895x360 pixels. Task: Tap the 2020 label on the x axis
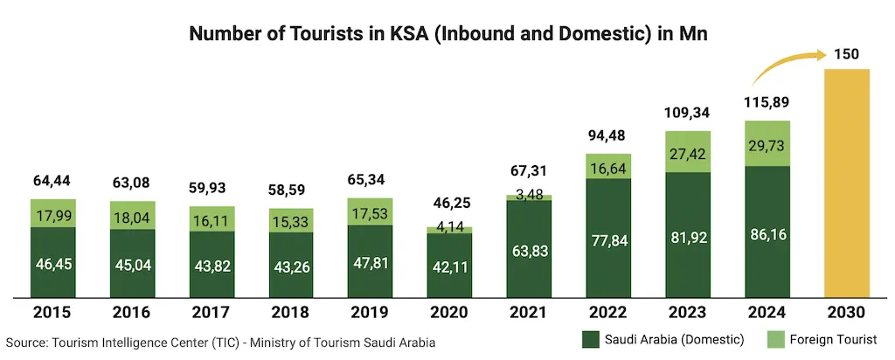449,312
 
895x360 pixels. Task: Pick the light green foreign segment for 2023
688,151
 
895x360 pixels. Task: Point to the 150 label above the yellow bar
846,53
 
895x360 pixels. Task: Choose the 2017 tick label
212,312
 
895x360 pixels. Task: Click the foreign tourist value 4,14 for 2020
449,226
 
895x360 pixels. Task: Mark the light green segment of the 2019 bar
370,211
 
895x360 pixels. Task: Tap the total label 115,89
767,102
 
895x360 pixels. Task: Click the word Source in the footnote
27,343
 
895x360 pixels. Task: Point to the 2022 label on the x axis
608,312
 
